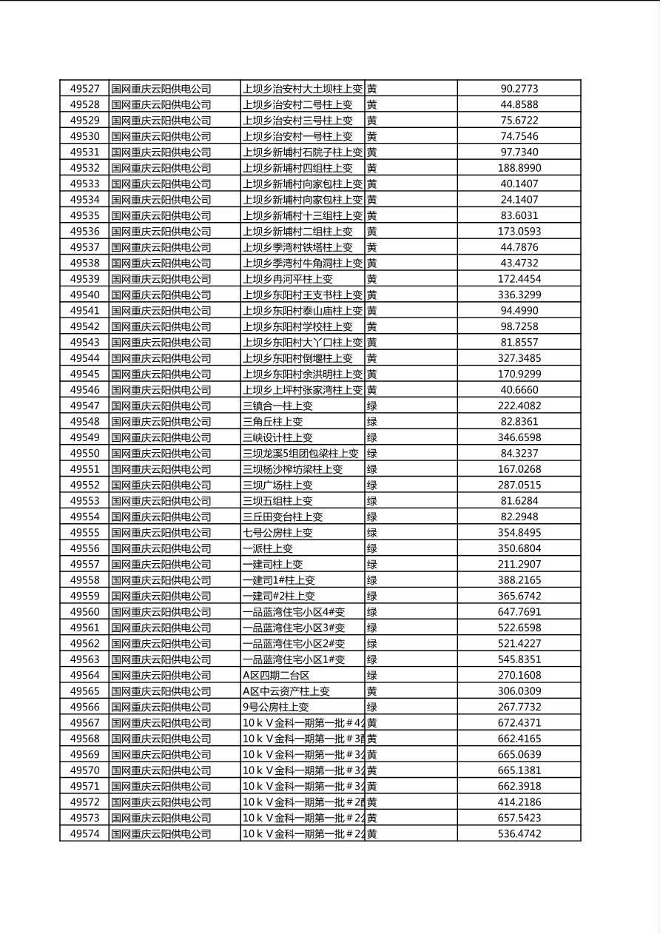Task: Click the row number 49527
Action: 84,89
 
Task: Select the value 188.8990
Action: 519,168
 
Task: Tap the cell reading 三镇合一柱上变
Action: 278,406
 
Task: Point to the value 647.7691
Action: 519,612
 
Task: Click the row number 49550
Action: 84,453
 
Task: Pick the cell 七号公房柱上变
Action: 278,533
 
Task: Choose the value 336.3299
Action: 519,295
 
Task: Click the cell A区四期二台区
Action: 276,675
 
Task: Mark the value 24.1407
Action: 519,200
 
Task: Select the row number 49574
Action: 84,833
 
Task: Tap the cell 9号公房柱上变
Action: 276,707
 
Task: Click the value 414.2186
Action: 519,802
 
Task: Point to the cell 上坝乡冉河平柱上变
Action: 288,279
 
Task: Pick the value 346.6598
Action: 519,437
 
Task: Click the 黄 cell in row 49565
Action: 372,691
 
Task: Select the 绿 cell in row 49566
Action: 372,707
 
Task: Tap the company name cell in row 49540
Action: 161,295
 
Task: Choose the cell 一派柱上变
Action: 268,548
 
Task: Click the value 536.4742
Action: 519,833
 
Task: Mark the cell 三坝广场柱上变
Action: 278,485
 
